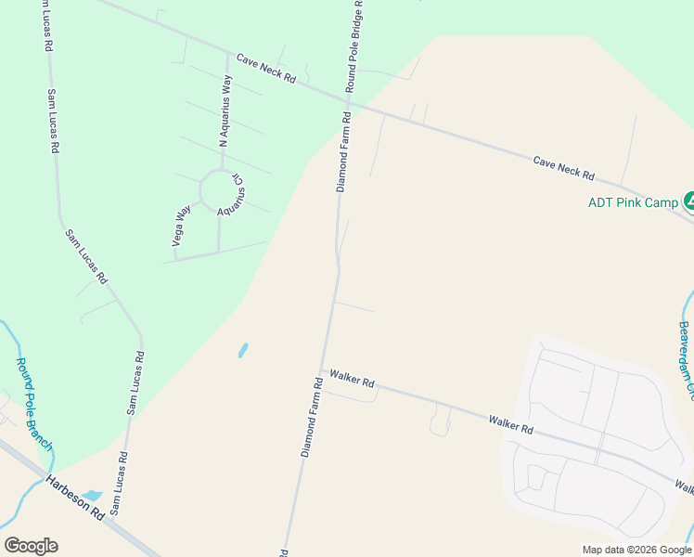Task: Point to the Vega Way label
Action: tap(180, 227)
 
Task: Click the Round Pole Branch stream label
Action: tap(33, 403)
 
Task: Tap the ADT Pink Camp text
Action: tap(632, 202)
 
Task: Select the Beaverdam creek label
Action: tap(685, 358)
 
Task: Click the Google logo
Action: tap(31, 546)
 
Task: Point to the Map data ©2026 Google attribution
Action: tap(636, 550)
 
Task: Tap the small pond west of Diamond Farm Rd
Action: tap(243, 351)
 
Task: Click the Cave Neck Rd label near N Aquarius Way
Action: tap(265, 70)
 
